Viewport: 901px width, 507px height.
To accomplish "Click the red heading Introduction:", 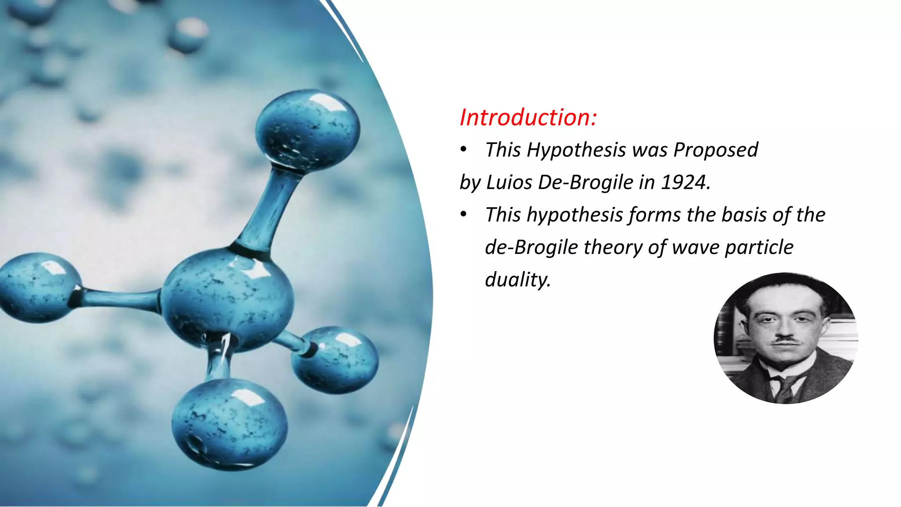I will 528,118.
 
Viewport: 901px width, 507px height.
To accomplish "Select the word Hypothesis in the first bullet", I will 576,151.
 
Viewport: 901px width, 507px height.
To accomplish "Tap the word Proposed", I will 716,151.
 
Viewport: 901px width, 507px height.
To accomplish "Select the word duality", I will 518,280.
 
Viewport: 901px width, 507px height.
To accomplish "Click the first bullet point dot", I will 463,151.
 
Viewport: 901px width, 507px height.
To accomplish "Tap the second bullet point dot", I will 463,215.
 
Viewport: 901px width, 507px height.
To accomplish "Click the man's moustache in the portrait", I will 786,340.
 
